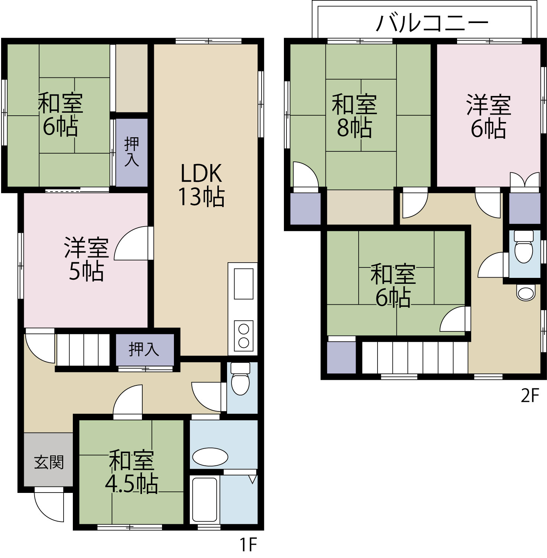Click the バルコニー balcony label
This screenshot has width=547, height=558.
432,23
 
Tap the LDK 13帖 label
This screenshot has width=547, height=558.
201,185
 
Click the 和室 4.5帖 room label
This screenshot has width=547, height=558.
132,472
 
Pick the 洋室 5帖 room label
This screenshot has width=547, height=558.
86,259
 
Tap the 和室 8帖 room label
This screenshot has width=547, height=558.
355,116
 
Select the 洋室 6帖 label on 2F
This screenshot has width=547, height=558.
489,116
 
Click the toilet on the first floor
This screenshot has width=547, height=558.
240,379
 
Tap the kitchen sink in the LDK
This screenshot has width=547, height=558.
243,283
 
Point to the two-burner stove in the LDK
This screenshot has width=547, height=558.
244,336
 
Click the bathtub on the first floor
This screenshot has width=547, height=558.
204,499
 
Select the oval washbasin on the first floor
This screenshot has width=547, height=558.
210,456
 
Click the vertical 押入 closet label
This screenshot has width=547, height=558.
132,151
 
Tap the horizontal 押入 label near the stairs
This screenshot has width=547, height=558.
144,349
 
